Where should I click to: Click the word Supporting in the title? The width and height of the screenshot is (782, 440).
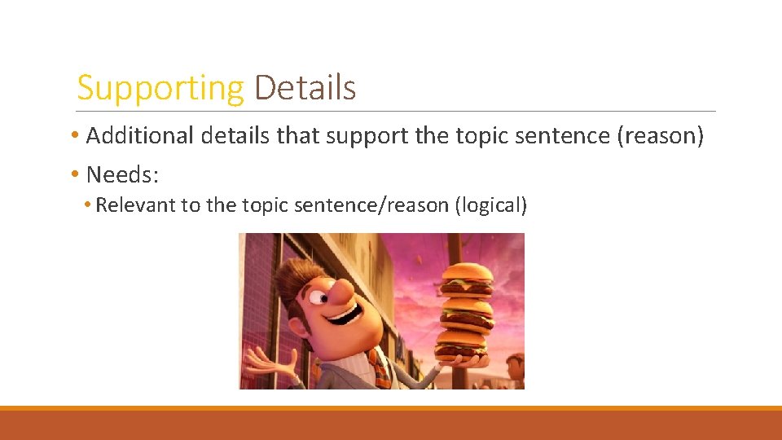pyautogui.click(x=160, y=88)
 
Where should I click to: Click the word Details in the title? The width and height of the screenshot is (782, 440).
pyautogui.click(x=305, y=88)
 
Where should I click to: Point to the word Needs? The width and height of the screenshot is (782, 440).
pyautogui.click(x=123, y=174)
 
